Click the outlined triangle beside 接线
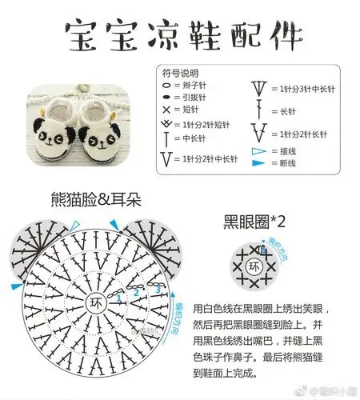257,151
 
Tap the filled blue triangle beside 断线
257,163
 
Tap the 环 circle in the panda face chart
97,305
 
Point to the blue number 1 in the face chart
119,298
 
